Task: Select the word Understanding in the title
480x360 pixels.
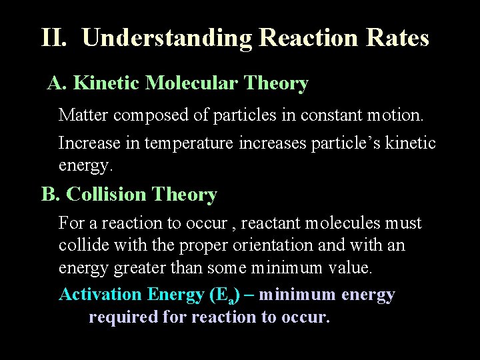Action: click(x=167, y=38)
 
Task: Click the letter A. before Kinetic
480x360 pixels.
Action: click(x=57, y=83)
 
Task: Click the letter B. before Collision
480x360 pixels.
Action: click(x=51, y=195)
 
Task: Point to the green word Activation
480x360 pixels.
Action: click(x=101, y=295)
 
